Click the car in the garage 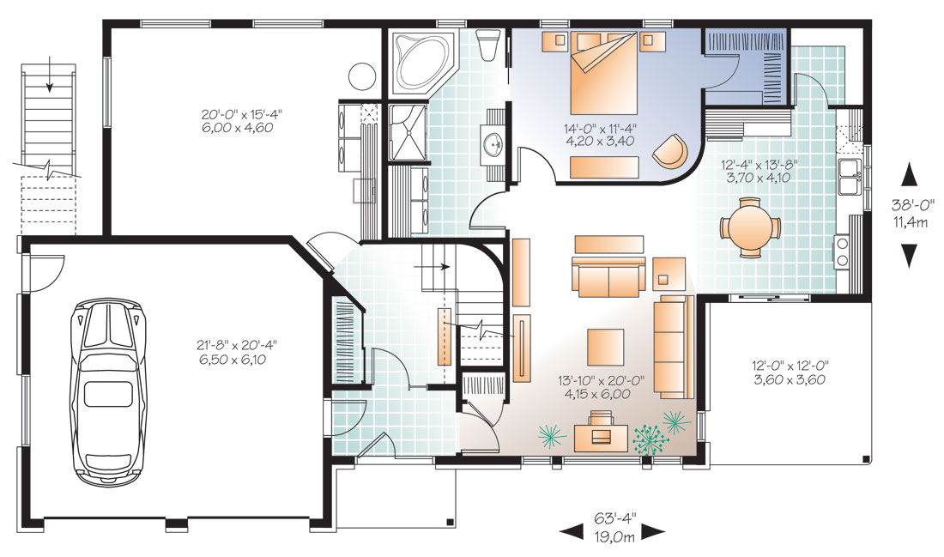108,391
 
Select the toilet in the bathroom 487,45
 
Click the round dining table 749,227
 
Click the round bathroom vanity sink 494,143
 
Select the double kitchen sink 850,177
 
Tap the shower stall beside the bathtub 408,132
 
